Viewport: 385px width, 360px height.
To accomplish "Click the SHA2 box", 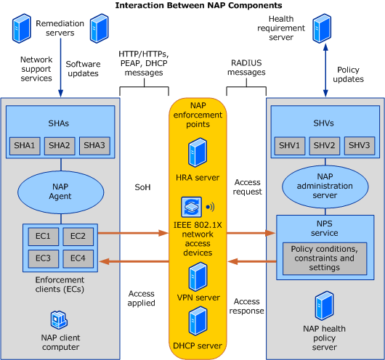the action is (x=60, y=146).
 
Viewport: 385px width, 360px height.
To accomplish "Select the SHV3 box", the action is (x=360, y=146).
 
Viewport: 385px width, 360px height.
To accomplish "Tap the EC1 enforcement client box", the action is (x=44, y=237).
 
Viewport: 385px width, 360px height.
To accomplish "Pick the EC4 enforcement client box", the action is (x=78, y=258).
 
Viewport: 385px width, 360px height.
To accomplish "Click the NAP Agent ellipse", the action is (x=60, y=192).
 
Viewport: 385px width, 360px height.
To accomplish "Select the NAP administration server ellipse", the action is (x=325, y=187).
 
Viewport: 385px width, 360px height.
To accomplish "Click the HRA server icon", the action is (x=198, y=152).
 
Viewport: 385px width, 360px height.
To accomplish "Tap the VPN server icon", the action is (x=198, y=277).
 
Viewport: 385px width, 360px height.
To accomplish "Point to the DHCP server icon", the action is (x=198, y=321).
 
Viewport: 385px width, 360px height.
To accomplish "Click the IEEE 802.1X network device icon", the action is (x=192, y=207).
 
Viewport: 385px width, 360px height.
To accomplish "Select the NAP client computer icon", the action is (x=59, y=320).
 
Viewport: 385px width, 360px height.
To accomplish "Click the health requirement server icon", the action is (x=322, y=28).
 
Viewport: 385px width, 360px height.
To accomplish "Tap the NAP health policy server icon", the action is (x=325, y=306).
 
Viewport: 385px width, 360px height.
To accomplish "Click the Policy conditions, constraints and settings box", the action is (x=325, y=258).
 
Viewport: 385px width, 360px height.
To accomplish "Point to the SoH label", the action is (x=142, y=187).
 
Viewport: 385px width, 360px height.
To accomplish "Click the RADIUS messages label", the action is (x=246, y=67).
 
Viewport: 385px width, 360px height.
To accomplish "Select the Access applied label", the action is (x=142, y=298).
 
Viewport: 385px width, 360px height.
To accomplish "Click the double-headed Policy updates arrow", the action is (x=325, y=70).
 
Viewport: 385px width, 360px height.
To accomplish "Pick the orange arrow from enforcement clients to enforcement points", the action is (x=134, y=233).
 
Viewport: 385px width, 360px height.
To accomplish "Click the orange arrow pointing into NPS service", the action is (x=251, y=233).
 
